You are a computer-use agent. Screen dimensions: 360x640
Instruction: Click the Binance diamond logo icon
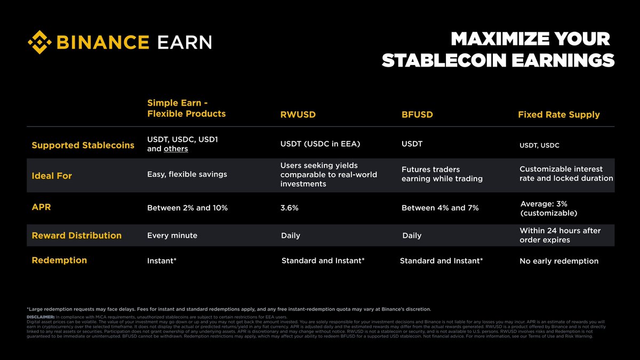[x=41, y=42]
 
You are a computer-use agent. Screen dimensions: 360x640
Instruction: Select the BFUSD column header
[x=417, y=115]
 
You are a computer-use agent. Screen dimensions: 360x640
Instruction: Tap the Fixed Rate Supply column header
[x=558, y=115]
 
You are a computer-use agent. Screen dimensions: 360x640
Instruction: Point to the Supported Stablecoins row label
[x=83, y=145]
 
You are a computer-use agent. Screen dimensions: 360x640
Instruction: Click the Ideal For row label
[x=52, y=175]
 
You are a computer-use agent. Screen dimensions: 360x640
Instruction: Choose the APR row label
[x=41, y=207]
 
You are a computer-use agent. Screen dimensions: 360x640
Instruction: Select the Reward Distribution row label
[x=76, y=235]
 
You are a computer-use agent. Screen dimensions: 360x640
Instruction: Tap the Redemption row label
[x=59, y=260]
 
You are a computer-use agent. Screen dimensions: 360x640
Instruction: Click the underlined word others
[x=175, y=149]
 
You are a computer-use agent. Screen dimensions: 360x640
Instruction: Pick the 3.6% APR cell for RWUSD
[x=289, y=208]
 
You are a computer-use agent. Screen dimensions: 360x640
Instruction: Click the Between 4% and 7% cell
[x=440, y=208]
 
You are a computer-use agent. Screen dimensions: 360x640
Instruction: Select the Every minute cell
[x=172, y=236]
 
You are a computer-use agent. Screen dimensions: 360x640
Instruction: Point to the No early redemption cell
[x=559, y=261]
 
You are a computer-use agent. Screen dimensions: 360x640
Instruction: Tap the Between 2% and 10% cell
[x=187, y=208]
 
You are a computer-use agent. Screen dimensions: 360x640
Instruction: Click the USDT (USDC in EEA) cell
[x=320, y=144]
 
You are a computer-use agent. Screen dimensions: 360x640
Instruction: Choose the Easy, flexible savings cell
[x=187, y=174]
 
